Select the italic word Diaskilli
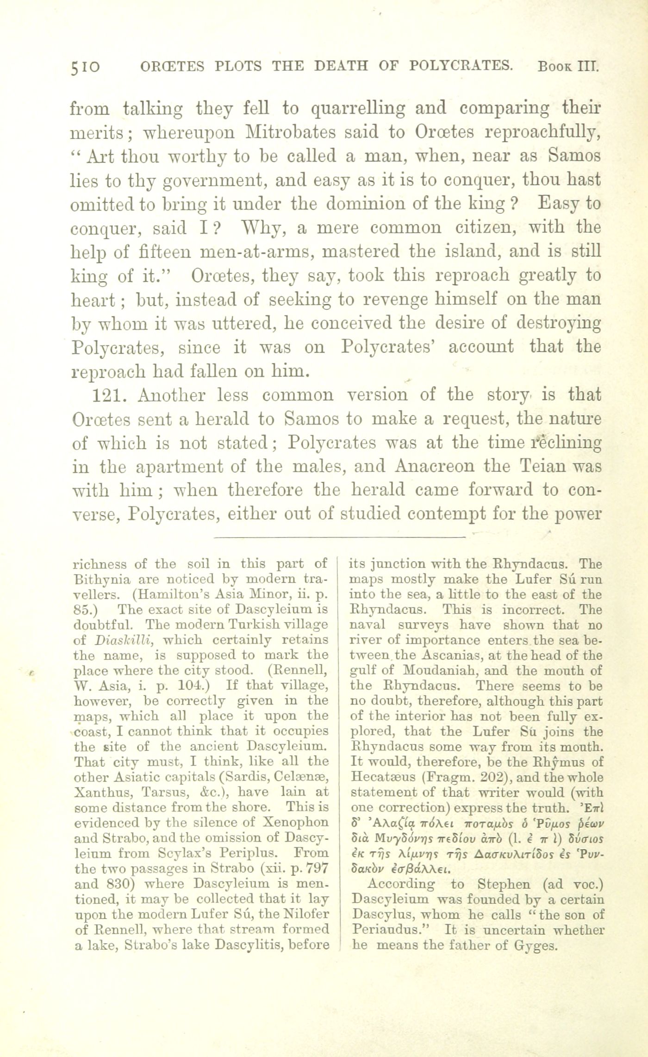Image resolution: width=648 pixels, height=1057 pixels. (x=118, y=640)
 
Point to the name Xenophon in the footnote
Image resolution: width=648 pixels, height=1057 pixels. (x=299, y=823)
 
